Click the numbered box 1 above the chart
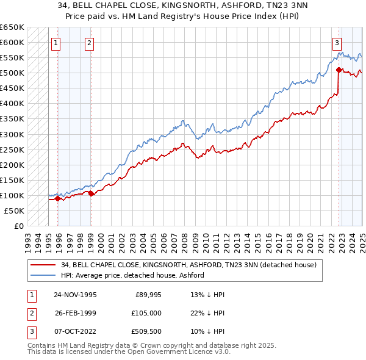(56, 43)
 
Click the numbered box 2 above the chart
(89, 43)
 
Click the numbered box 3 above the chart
(337, 43)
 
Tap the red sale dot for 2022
(339, 70)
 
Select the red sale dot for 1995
(57, 198)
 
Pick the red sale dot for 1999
(91, 193)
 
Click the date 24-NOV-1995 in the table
(75, 295)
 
